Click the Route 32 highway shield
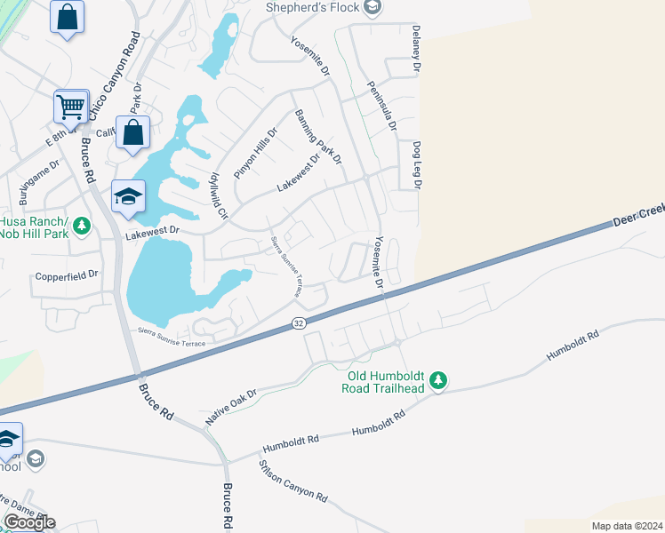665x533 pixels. click(x=299, y=326)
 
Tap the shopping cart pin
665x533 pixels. click(x=70, y=107)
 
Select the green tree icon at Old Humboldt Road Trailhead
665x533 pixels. click(x=437, y=381)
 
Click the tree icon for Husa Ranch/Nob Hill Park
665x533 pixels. click(x=82, y=226)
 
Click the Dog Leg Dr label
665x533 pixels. click(x=416, y=164)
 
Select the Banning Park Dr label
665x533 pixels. click(x=318, y=137)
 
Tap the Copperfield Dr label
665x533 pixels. click(x=66, y=275)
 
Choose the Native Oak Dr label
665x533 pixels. click(x=230, y=405)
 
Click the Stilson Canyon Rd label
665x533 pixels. click(x=292, y=481)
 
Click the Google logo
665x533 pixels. click(x=29, y=521)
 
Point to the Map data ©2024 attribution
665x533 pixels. click(x=627, y=526)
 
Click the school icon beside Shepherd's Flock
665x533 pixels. click(x=373, y=9)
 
